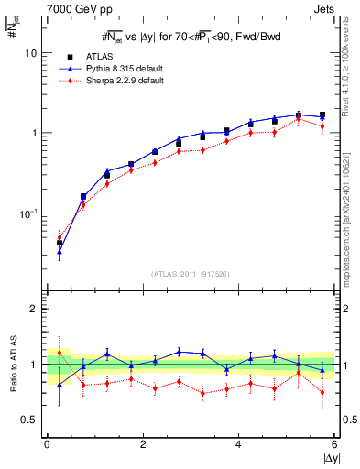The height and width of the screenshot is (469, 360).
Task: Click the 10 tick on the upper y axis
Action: tap(30, 53)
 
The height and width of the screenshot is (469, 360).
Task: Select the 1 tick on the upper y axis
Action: tap(33, 133)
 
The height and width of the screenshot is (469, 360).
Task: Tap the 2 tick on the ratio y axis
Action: tap(33, 309)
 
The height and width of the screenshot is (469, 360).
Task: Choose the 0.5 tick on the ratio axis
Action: tap(29, 420)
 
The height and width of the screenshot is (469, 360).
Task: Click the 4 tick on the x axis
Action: tap(239, 444)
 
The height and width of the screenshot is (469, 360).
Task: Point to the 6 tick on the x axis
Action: tap(335, 444)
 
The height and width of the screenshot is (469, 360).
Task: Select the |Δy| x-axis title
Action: tap(329, 457)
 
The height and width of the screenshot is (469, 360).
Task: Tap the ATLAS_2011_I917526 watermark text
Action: tap(191, 273)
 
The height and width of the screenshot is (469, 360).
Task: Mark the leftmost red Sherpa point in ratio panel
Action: tap(60, 353)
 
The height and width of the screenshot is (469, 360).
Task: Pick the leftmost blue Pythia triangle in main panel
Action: tap(60, 250)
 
